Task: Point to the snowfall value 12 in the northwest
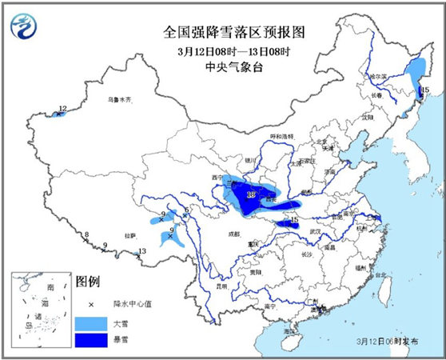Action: point(62,109)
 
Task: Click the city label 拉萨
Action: point(129,236)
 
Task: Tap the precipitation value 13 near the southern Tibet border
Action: point(142,252)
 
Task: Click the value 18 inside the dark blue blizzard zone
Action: point(251,194)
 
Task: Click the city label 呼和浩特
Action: point(281,138)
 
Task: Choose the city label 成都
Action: point(233,234)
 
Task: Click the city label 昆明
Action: point(221,286)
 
